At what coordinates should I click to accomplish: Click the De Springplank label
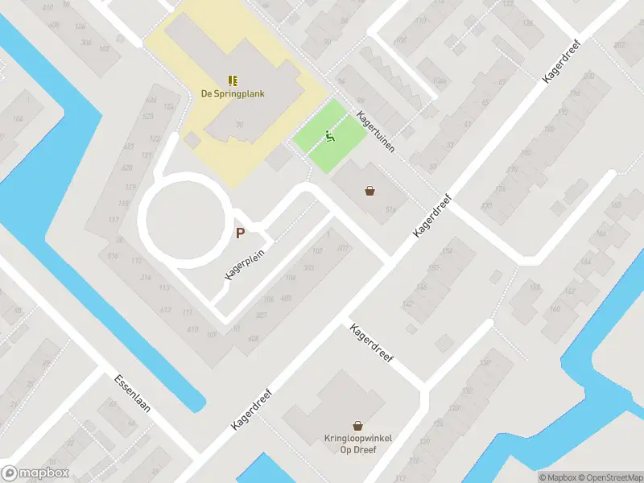point(233,93)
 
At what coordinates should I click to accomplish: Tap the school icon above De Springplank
point(233,80)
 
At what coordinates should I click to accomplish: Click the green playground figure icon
point(328,137)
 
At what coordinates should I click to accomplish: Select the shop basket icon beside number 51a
point(370,191)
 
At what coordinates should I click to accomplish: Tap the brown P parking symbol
point(240,233)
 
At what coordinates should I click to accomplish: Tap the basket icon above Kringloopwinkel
point(357,425)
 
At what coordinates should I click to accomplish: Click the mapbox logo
point(36,473)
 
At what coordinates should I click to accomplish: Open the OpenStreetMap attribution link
point(609,477)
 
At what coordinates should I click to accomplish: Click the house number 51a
point(391,210)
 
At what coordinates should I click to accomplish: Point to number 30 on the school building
point(240,124)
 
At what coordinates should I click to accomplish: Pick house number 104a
point(415,81)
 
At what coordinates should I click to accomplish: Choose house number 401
point(343,247)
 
